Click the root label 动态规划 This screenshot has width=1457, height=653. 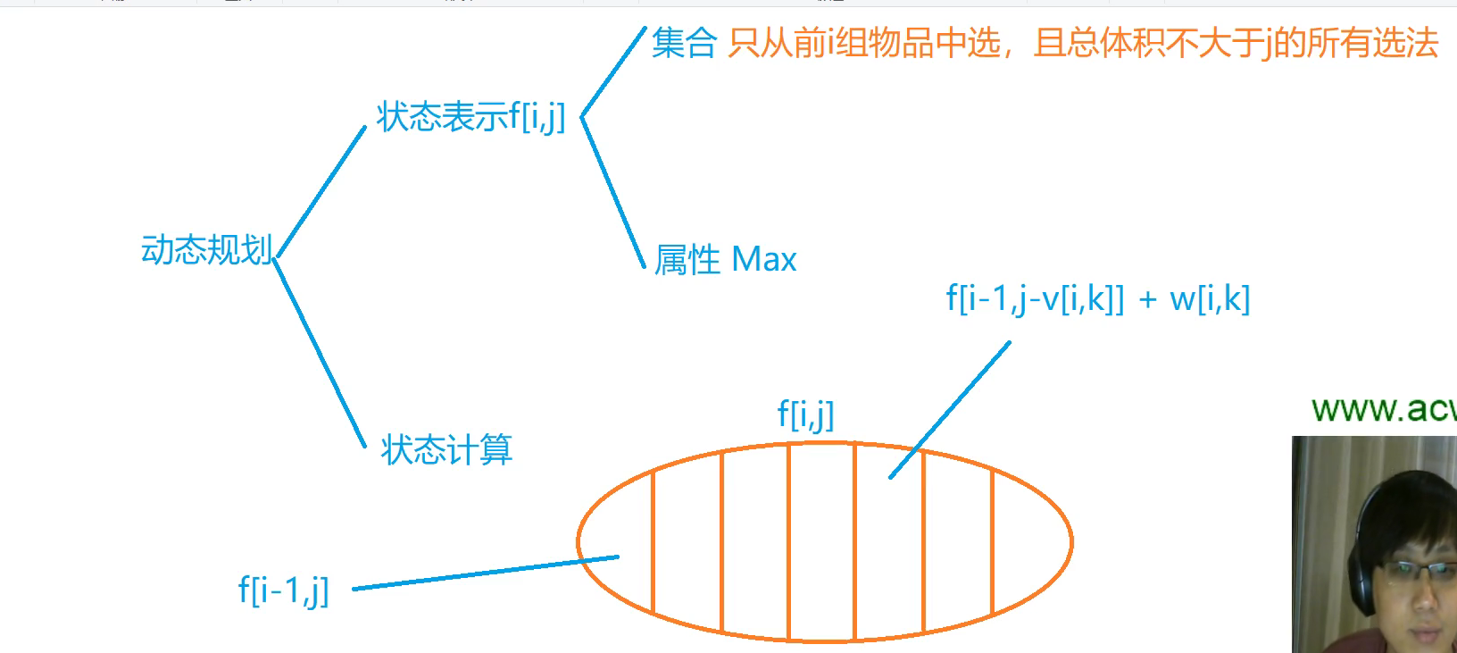point(206,250)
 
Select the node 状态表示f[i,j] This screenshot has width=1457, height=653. point(470,117)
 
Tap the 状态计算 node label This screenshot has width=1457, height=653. point(446,449)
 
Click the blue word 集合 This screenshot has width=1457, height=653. point(684,43)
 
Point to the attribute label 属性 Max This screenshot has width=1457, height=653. point(725,260)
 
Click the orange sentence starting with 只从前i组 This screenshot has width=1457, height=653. point(1082,43)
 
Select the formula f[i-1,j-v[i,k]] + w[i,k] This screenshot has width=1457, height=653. point(1097,298)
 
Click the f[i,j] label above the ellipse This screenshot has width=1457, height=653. point(805,414)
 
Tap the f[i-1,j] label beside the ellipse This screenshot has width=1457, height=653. point(283,590)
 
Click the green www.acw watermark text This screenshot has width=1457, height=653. point(1382,409)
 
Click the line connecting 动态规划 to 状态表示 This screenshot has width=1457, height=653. point(321,191)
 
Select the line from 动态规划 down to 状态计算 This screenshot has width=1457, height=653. point(319,351)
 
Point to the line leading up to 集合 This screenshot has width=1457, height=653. point(613,71)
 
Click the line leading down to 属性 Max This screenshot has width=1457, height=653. point(612,191)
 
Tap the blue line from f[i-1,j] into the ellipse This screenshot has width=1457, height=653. point(485,573)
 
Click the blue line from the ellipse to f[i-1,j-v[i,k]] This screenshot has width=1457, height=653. point(950,409)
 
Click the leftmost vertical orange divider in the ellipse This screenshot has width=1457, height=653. point(654,540)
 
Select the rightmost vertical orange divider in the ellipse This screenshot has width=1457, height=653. point(993,542)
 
